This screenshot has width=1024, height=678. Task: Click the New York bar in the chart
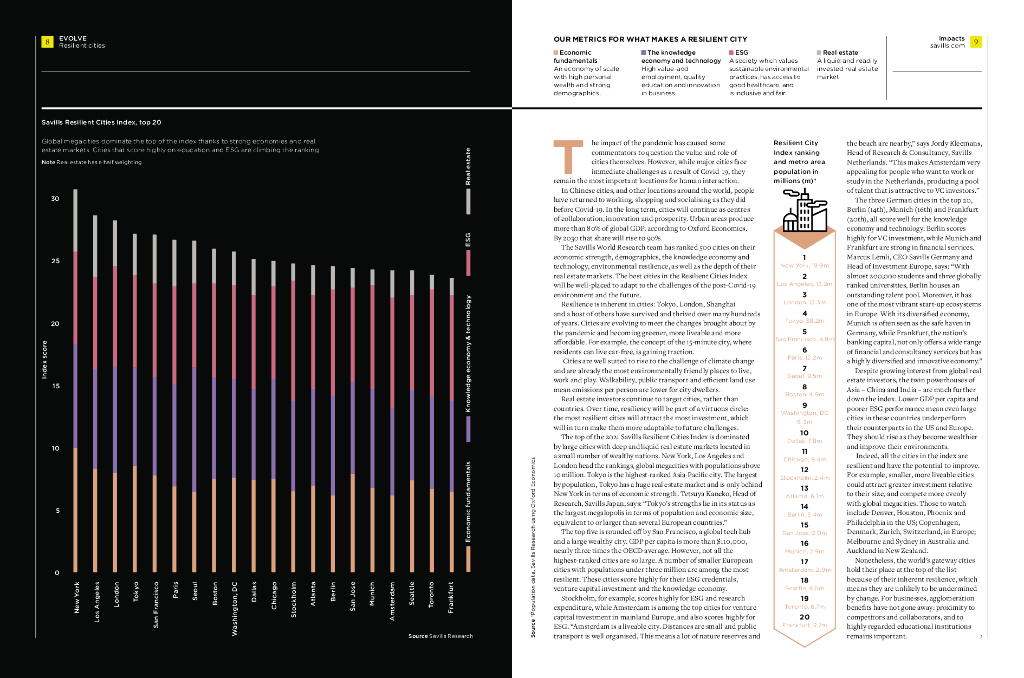(76, 380)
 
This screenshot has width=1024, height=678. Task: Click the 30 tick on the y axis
(54, 199)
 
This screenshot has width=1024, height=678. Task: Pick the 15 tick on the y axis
(54, 386)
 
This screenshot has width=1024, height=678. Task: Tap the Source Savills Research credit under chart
(440, 634)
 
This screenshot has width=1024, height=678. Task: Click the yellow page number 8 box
(47, 41)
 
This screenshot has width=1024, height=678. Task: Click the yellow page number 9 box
(975, 41)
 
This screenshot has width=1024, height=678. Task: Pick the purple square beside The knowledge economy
(643, 51)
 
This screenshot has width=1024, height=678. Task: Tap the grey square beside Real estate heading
(816, 51)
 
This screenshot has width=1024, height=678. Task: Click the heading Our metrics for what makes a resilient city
(625, 38)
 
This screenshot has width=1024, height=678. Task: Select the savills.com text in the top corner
(947, 46)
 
